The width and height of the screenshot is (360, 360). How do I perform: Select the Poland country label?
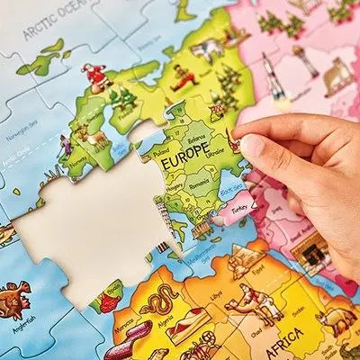click(x=162, y=154)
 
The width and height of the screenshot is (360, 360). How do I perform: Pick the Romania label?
click(x=201, y=184)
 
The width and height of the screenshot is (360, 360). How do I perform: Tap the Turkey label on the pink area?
click(x=238, y=208)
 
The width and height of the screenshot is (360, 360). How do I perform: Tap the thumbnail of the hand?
click(x=252, y=144)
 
